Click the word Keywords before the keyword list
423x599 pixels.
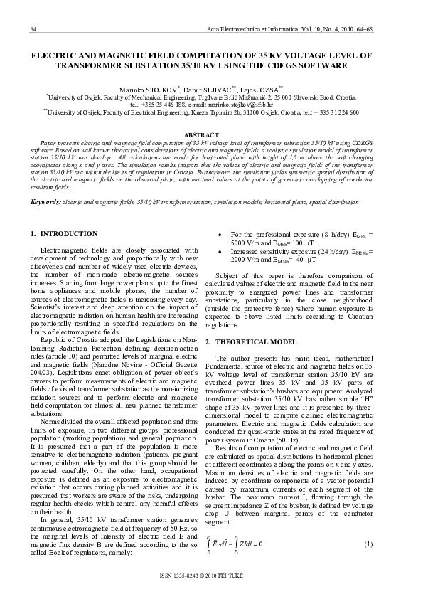[45, 202]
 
